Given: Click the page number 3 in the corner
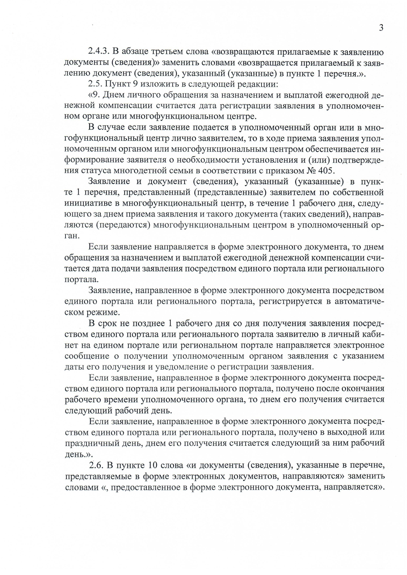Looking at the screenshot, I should point(381,28).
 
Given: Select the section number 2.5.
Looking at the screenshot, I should point(94,84).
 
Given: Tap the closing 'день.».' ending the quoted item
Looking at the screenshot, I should point(78,454).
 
